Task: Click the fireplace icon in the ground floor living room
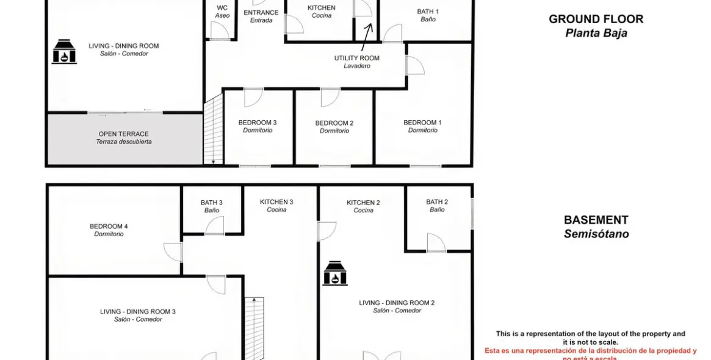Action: click(x=63, y=52)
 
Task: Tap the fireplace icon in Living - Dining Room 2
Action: click(x=334, y=273)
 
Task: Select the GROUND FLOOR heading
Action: click(x=596, y=19)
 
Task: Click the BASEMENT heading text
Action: click(x=596, y=220)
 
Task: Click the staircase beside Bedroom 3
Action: click(x=213, y=131)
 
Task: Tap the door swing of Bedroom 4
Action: click(x=173, y=252)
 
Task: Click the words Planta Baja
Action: click(x=596, y=33)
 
